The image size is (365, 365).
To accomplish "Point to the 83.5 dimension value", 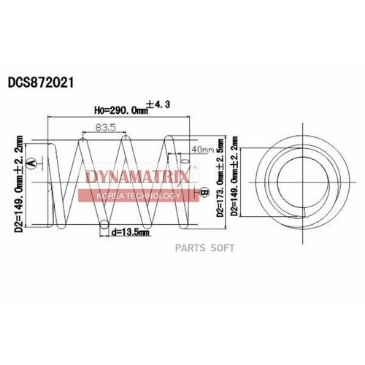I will pyautogui.click(x=102, y=128).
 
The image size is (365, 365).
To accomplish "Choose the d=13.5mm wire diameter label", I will pyautogui.click(x=131, y=234).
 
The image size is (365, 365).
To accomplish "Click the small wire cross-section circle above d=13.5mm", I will pyautogui.click(x=107, y=224).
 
